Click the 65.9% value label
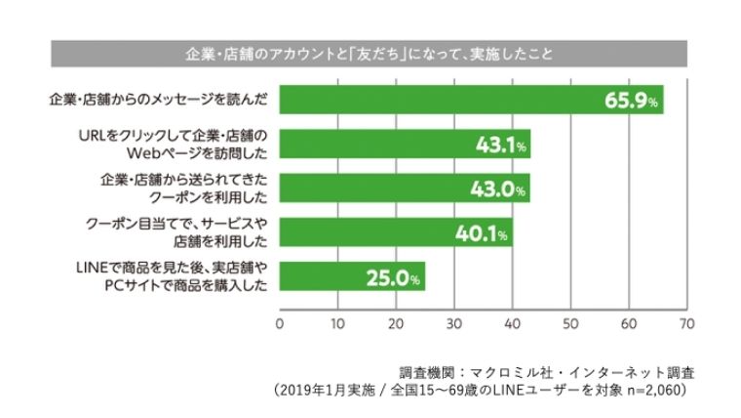tap(631, 100)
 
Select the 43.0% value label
tap(500, 189)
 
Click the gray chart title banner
tap(370, 52)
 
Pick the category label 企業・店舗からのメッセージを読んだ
tap(164, 100)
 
